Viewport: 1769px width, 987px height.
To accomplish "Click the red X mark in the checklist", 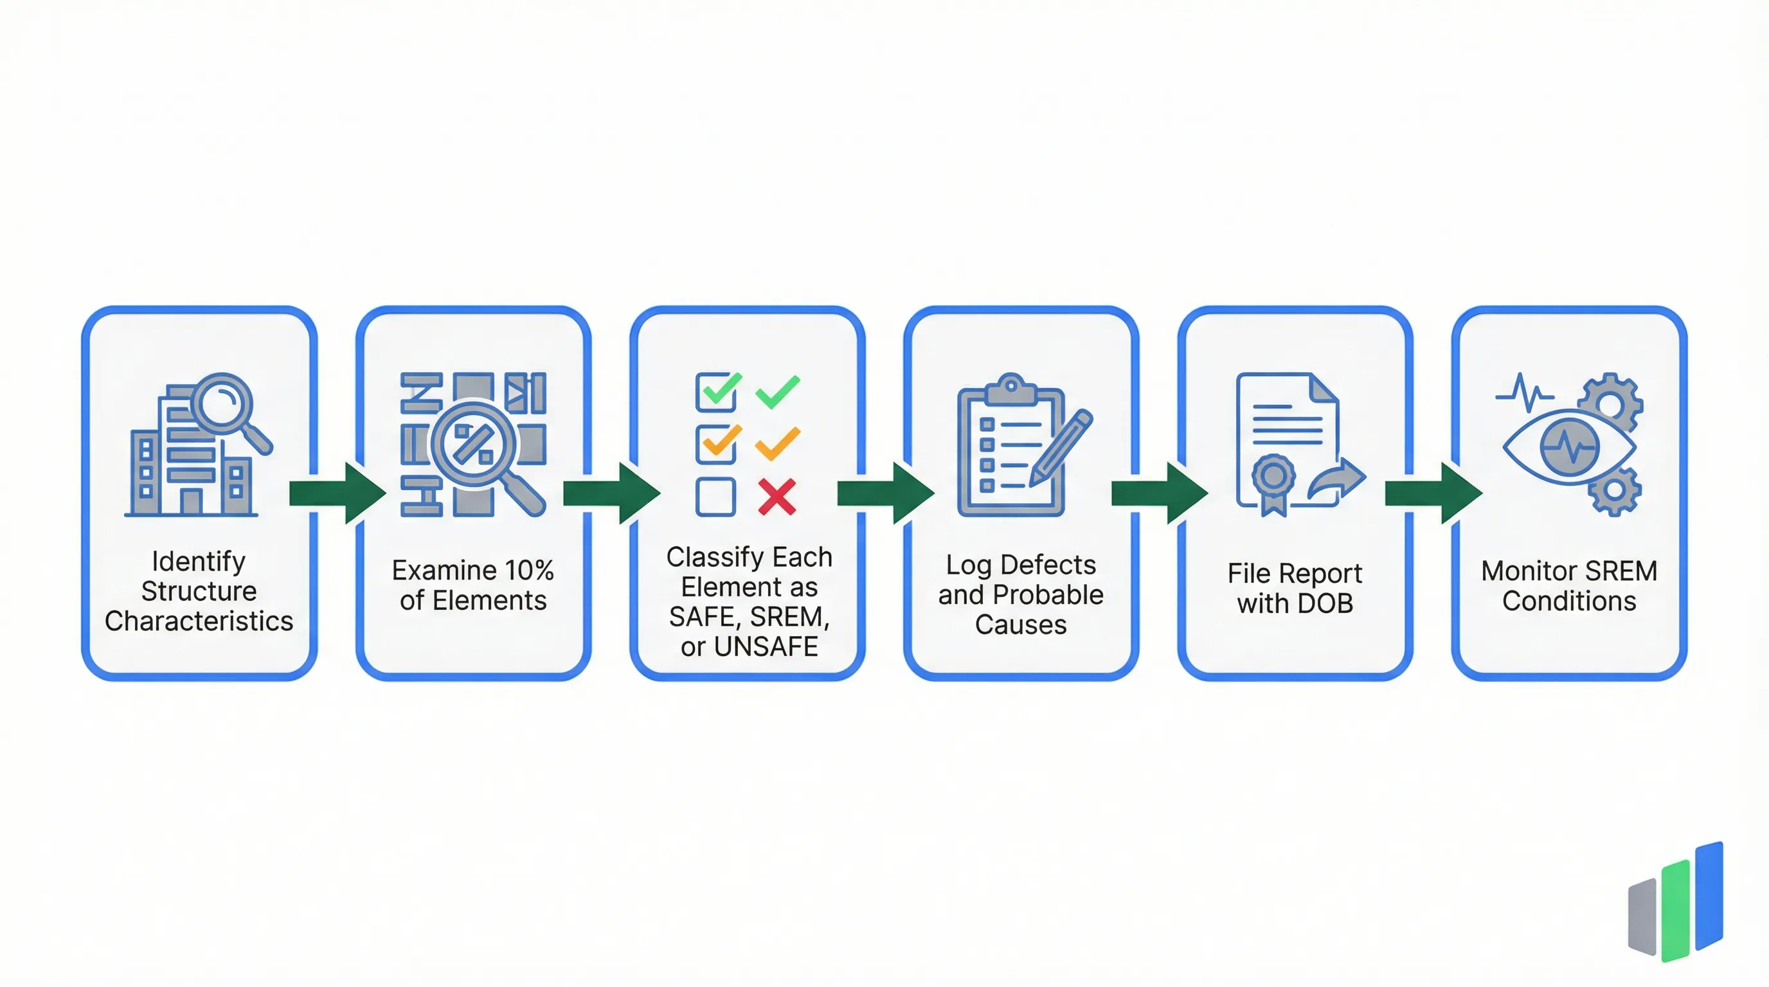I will point(777,496).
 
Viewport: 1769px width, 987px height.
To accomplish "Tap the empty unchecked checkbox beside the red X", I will point(715,496).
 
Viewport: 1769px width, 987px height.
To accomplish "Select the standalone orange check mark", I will point(777,443).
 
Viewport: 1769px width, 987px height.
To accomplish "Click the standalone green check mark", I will point(777,391).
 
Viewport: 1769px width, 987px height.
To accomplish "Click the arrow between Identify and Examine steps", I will point(336,493).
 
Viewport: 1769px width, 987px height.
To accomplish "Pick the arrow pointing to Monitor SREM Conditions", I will point(1433,493).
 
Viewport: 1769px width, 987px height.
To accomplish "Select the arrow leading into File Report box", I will point(1159,493).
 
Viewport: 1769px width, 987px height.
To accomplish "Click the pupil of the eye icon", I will point(1570,447).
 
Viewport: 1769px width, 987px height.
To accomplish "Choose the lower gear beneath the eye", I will point(1615,491).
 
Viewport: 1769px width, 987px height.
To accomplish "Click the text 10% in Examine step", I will point(529,571).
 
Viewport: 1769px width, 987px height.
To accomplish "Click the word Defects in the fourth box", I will point(1048,565).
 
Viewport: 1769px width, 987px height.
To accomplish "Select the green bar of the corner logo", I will point(1676,910).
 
